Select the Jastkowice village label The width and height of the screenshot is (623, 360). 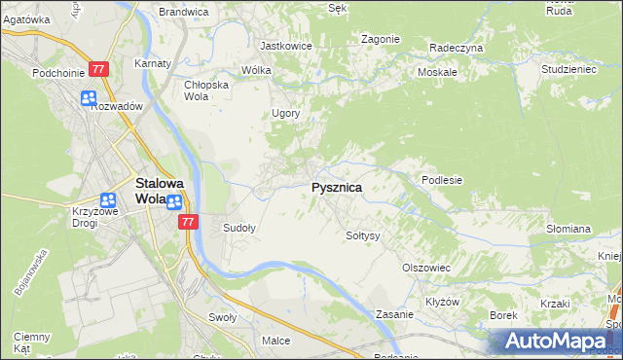click(284, 46)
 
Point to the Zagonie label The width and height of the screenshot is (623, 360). click(381, 39)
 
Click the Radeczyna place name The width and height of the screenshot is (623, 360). click(456, 47)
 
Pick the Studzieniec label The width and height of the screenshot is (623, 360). click(568, 70)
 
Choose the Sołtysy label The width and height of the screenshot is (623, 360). click(362, 235)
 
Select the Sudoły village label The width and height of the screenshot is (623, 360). click(239, 229)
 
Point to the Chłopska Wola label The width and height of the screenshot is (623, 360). click(205, 90)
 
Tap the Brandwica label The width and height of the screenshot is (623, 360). click(184, 12)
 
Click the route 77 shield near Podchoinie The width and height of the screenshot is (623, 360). click(98, 69)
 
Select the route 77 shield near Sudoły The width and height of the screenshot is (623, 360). click(189, 223)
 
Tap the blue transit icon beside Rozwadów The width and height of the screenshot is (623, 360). click(89, 98)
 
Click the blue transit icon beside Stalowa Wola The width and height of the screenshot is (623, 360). click(174, 202)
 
